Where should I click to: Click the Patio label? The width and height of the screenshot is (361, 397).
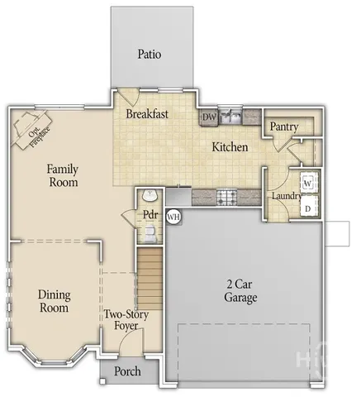(x=149, y=55)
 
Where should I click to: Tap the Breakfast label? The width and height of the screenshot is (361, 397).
(x=147, y=114)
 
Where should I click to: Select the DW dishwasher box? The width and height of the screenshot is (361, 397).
(x=209, y=117)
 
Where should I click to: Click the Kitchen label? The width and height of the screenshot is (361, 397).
(x=230, y=147)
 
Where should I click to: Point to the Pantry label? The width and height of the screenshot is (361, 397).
(x=283, y=127)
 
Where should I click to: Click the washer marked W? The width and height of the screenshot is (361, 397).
(x=307, y=181)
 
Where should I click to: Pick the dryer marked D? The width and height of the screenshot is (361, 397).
(x=307, y=208)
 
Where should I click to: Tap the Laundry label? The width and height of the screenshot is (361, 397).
(x=286, y=196)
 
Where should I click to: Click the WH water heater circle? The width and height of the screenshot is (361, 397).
(x=173, y=216)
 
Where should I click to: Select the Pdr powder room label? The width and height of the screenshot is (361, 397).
(x=150, y=214)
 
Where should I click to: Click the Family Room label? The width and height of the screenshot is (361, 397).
(x=63, y=175)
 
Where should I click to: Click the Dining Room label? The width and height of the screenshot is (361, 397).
(x=54, y=301)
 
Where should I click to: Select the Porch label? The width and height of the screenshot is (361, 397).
(x=126, y=371)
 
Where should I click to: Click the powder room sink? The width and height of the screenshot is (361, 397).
(x=149, y=195)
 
